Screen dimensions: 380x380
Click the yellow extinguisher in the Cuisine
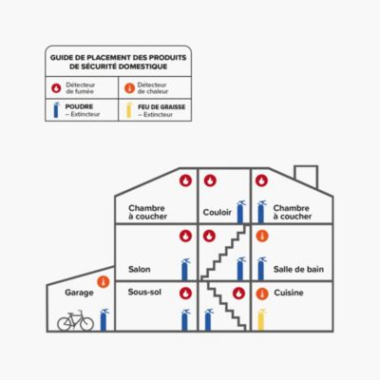261,320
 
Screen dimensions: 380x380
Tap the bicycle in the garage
75,320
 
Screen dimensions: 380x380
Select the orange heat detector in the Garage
104,282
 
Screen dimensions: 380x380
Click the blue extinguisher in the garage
104,320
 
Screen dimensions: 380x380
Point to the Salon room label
140,270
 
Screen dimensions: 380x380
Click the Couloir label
218,212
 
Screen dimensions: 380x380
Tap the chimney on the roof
306,177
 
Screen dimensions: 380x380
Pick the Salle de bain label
298,270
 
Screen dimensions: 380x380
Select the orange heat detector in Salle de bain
262,237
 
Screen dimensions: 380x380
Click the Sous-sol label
144,292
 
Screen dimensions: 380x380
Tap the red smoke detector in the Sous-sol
186,294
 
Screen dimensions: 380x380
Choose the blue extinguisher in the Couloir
241,211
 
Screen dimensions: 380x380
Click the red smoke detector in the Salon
186,237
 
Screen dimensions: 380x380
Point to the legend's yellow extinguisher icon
129,110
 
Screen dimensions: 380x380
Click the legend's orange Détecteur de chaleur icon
129,88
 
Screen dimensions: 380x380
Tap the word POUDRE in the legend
79,106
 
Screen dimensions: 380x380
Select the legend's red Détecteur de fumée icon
56,88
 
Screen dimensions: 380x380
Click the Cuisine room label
289,293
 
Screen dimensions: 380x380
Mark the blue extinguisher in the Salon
185,270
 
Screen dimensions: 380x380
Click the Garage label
79,293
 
